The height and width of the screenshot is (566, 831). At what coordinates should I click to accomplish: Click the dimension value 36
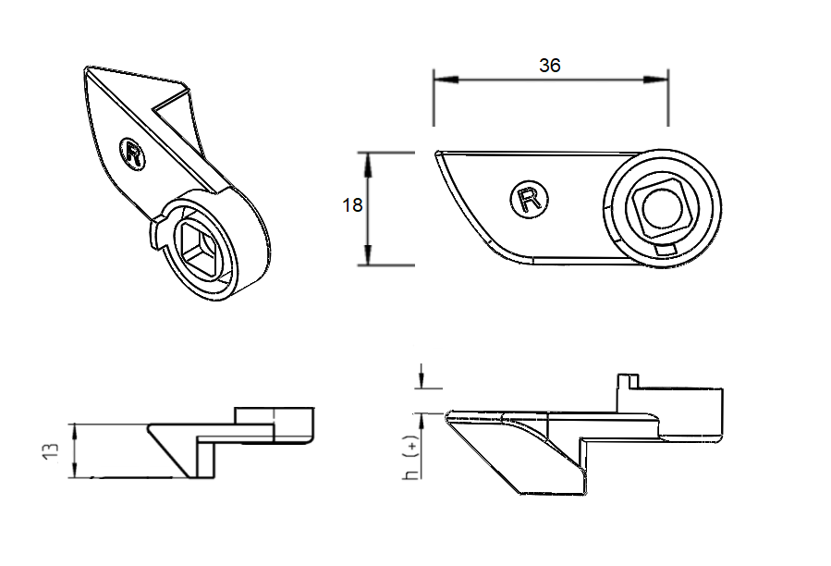pyautogui.click(x=550, y=65)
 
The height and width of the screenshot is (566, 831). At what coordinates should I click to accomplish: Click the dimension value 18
pyautogui.click(x=352, y=205)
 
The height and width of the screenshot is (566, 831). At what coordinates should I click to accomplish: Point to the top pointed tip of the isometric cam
pyautogui.click(x=89, y=68)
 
